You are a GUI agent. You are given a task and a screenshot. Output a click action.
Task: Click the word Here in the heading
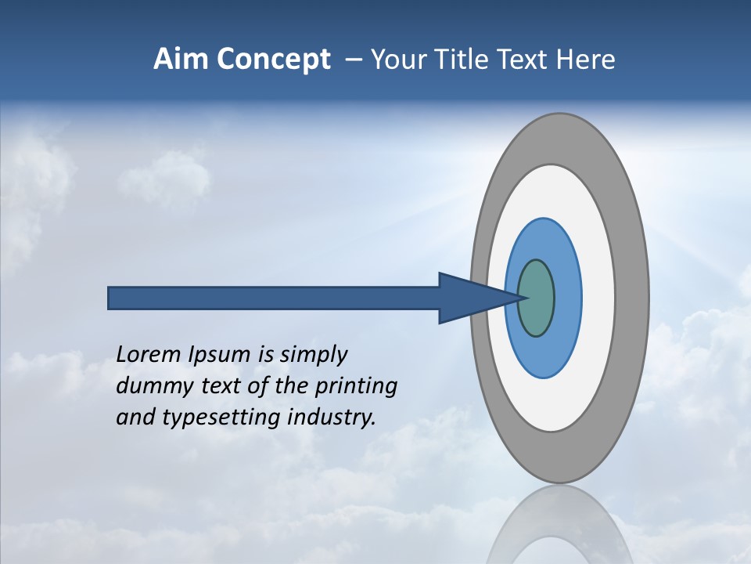click(x=585, y=60)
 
